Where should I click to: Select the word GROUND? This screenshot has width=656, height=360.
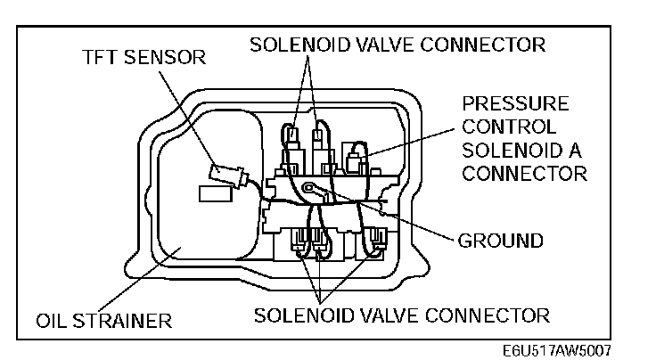(x=499, y=241)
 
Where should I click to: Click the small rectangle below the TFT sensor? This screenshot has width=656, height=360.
(x=213, y=192)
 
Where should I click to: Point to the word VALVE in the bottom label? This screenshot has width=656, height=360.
(x=385, y=315)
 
